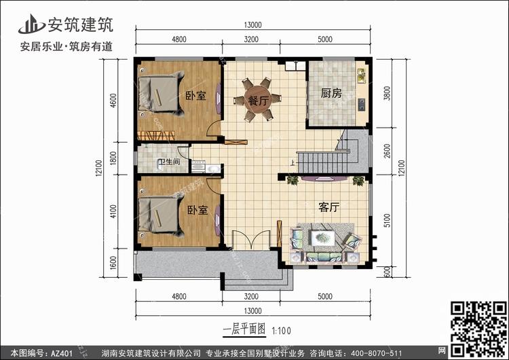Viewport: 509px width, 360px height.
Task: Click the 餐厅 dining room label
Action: [x=259, y=101]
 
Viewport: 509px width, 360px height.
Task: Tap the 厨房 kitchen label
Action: [x=331, y=93]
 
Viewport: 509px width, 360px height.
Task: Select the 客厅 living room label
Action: [x=329, y=207]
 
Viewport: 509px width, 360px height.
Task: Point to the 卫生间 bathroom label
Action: [x=169, y=162]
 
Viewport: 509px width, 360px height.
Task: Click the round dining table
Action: [x=258, y=99]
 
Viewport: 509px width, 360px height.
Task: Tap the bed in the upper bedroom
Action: [x=160, y=94]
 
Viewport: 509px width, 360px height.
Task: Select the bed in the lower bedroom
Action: [x=160, y=215]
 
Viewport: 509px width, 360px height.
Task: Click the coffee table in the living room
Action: [x=322, y=238]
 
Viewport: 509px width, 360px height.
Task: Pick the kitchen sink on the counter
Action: [x=361, y=75]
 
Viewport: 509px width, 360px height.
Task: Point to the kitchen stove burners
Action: [x=361, y=105]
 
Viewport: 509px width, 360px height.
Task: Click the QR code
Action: [x=478, y=329]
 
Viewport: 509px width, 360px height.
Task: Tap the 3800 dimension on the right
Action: [x=387, y=93]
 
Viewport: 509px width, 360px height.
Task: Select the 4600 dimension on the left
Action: [x=113, y=101]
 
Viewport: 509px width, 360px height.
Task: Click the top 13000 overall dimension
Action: [x=252, y=25]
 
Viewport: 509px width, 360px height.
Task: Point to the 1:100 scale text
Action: [x=281, y=331]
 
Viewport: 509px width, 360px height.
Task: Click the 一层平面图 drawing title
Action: [x=244, y=329]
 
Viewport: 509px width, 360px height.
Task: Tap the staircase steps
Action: [x=322, y=162]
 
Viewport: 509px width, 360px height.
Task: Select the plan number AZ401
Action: [x=62, y=353]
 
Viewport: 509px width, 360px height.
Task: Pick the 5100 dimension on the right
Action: [x=387, y=220]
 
